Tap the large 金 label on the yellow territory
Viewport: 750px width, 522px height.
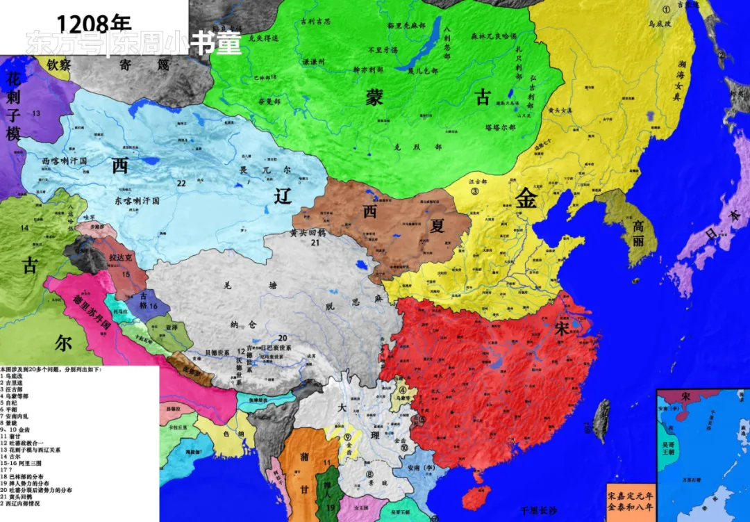point(526,199)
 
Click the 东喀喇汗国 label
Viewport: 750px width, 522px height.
point(137,200)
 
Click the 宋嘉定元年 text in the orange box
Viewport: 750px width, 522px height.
point(630,496)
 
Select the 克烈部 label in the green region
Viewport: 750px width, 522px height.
point(428,147)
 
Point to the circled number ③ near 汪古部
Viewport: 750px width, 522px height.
point(475,191)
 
